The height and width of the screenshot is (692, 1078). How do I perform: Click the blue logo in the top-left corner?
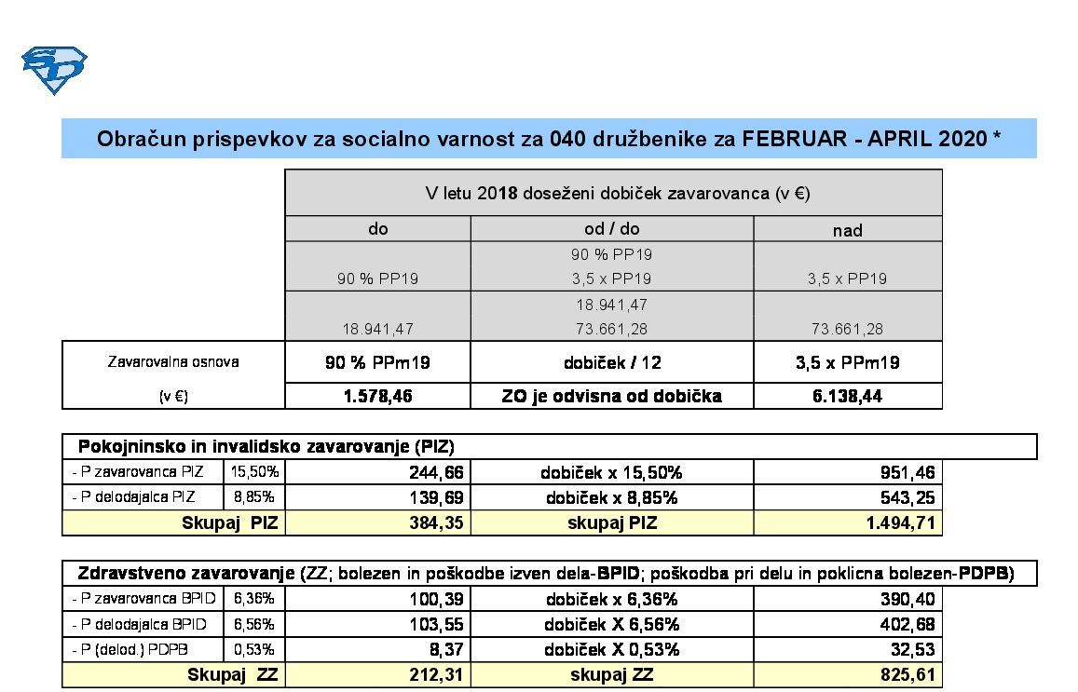54,70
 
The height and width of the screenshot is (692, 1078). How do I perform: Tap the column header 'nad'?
847,230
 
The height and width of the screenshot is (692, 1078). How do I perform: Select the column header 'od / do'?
611,228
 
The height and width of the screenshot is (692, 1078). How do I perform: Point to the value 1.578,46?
377,396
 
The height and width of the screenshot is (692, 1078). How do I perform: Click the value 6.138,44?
847,396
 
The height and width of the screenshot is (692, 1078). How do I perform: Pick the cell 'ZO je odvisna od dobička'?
611,396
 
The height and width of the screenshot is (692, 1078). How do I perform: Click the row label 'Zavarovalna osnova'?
173,361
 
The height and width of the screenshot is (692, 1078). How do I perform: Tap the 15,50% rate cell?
253,472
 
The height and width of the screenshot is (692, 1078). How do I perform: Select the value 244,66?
436,472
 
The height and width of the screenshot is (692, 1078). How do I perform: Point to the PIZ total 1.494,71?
900,522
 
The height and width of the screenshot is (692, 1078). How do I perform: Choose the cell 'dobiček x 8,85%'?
611,497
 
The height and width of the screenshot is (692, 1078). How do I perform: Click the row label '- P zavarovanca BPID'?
140,599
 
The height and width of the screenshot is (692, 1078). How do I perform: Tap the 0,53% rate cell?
253,649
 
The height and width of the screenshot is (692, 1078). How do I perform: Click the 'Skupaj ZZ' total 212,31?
436,674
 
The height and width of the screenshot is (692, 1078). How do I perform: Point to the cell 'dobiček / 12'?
611,362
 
